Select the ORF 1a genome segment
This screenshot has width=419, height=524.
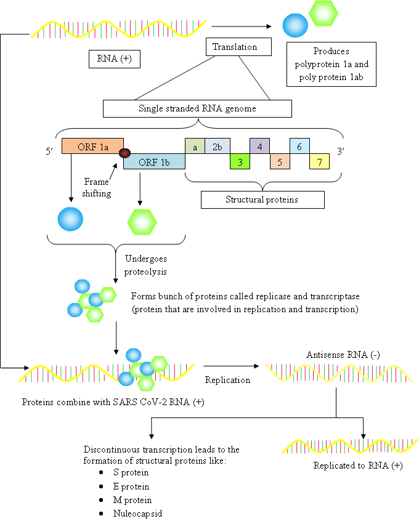(92, 147)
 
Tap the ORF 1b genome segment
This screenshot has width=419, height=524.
(154, 162)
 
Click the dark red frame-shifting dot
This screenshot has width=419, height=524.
(125, 153)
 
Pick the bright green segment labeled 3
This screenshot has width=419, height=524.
(240, 161)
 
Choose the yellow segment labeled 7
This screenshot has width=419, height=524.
(319, 161)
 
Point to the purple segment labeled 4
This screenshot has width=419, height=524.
(259, 147)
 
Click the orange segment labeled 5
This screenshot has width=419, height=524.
(280, 162)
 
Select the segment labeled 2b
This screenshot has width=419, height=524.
(218, 147)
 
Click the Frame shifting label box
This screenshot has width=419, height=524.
(97, 188)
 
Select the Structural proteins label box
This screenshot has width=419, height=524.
(262, 200)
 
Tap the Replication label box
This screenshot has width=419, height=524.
(228, 380)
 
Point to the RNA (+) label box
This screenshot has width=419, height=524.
(115, 59)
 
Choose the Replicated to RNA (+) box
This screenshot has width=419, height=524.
(360, 466)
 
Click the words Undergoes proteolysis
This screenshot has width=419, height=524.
(145, 265)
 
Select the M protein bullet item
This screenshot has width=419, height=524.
(132, 500)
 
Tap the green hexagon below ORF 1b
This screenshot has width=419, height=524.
(142, 222)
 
